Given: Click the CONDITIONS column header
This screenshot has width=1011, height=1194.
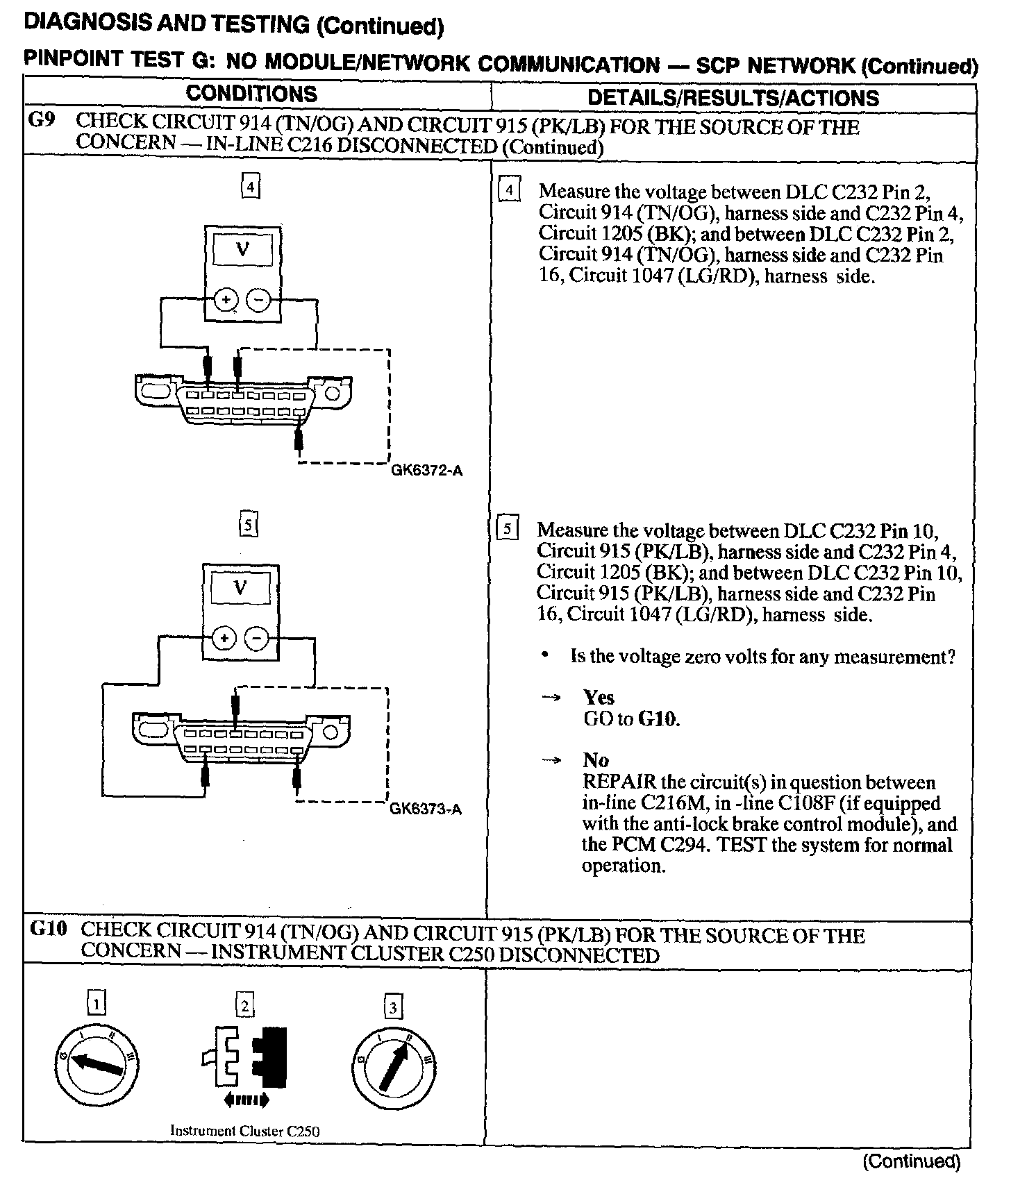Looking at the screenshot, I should click(251, 94).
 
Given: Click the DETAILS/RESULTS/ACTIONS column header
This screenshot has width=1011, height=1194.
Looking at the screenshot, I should click(733, 97).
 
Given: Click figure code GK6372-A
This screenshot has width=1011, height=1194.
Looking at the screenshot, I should click(426, 471).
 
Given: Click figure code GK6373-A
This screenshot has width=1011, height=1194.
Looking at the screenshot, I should click(426, 809).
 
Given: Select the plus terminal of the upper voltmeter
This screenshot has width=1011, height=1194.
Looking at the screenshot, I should click(225, 300).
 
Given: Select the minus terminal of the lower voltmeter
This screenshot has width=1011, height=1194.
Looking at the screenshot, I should click(257, 638).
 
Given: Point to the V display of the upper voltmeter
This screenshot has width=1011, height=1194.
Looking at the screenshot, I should click(242, 250).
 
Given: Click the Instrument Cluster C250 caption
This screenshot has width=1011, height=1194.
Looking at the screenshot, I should click(245, 1131).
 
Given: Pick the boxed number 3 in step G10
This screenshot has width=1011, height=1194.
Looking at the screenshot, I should click(393, 1007).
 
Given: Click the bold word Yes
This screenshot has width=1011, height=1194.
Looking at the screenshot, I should click(599, 698).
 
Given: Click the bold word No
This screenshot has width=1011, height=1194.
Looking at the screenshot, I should click(595, 760).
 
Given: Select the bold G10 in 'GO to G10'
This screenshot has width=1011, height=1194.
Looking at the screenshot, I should click(658, 718).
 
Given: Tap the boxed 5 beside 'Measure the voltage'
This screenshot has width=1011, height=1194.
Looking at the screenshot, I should click(508, 530).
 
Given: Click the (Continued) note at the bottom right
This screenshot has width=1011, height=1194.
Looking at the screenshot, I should click(911, 1162).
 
